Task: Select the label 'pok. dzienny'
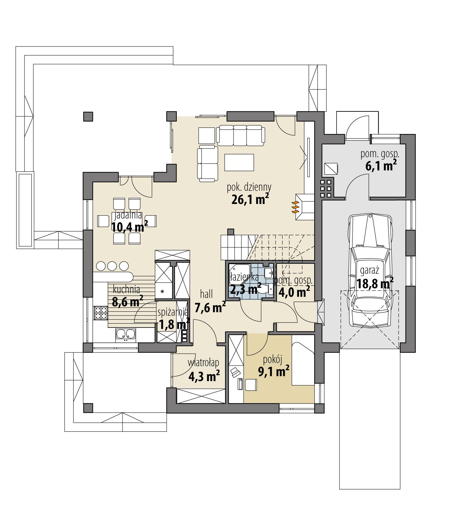(x=249, y=187)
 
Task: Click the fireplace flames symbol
(x=295, y=207)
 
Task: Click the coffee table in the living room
(x=239, y=163)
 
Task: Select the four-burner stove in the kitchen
(x=100, y=313)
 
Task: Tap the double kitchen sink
(x=126, y=334)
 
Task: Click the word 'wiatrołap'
(x=204, y=363)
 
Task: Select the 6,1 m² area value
(x=381, y=166)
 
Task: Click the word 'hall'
(x=206, y=294)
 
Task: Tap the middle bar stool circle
(x=112, y=266)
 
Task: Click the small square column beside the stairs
(x=230, y=231)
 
